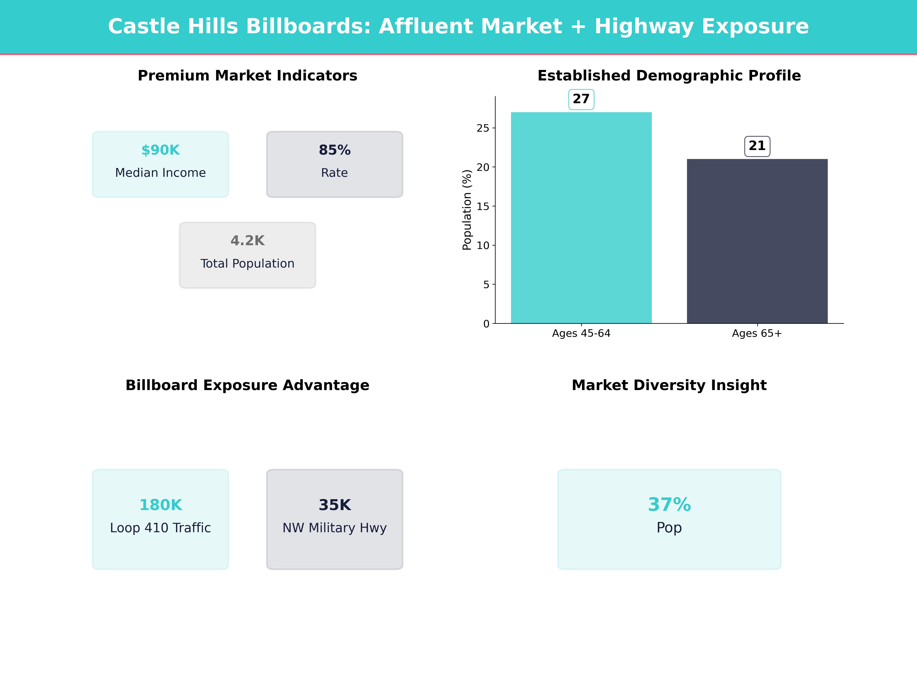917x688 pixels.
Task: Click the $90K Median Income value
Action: point(160,150)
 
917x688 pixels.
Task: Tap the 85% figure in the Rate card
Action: point(335,150)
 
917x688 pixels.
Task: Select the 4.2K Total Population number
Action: point(247,241)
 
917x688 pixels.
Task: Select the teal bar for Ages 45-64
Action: point(581,218)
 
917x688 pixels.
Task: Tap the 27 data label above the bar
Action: point(581,99)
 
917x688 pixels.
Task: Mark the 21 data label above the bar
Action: point(757,146)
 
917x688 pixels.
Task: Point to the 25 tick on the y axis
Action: point(483,128)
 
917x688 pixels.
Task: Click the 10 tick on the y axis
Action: point(483,246)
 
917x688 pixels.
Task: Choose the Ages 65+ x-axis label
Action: point(757,333)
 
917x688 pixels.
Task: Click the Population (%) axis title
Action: point(467,210)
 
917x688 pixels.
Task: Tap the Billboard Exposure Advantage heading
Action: point(247,385)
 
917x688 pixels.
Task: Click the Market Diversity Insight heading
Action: point(669,385)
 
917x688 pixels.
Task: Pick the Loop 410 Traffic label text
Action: point(160,528)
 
